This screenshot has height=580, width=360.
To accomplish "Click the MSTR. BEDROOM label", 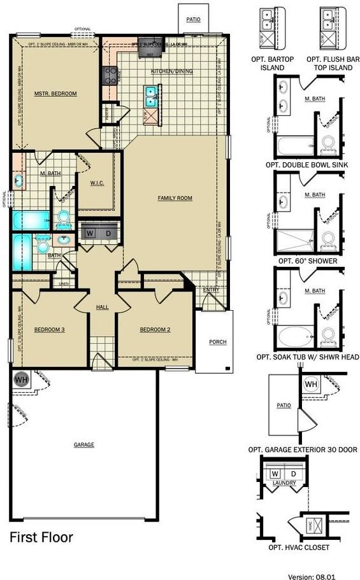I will click(x=55, y=94).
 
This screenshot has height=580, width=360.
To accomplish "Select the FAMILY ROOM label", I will click(x=175, y=198).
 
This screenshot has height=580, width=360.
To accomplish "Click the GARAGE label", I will click(x=83, y=444).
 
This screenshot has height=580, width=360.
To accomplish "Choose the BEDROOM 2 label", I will click(x=155, y=329).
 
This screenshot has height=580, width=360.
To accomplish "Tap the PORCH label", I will click(x=218, y=342).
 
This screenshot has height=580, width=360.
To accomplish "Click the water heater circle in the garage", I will click(x=21, y=379).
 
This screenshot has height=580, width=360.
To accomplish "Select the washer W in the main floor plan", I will click(x=90, y=234).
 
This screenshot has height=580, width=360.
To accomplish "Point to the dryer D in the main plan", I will click(x=108, y=234).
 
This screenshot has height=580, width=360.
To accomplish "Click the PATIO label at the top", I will click(x=193, y=20).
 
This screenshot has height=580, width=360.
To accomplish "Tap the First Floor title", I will click(x=41, y=537).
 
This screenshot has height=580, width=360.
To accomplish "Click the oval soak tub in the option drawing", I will click(x=296, y=334).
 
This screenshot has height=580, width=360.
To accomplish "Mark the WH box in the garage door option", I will click(x=311, y=385).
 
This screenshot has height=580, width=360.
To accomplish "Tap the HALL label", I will click(x=103, y=307).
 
